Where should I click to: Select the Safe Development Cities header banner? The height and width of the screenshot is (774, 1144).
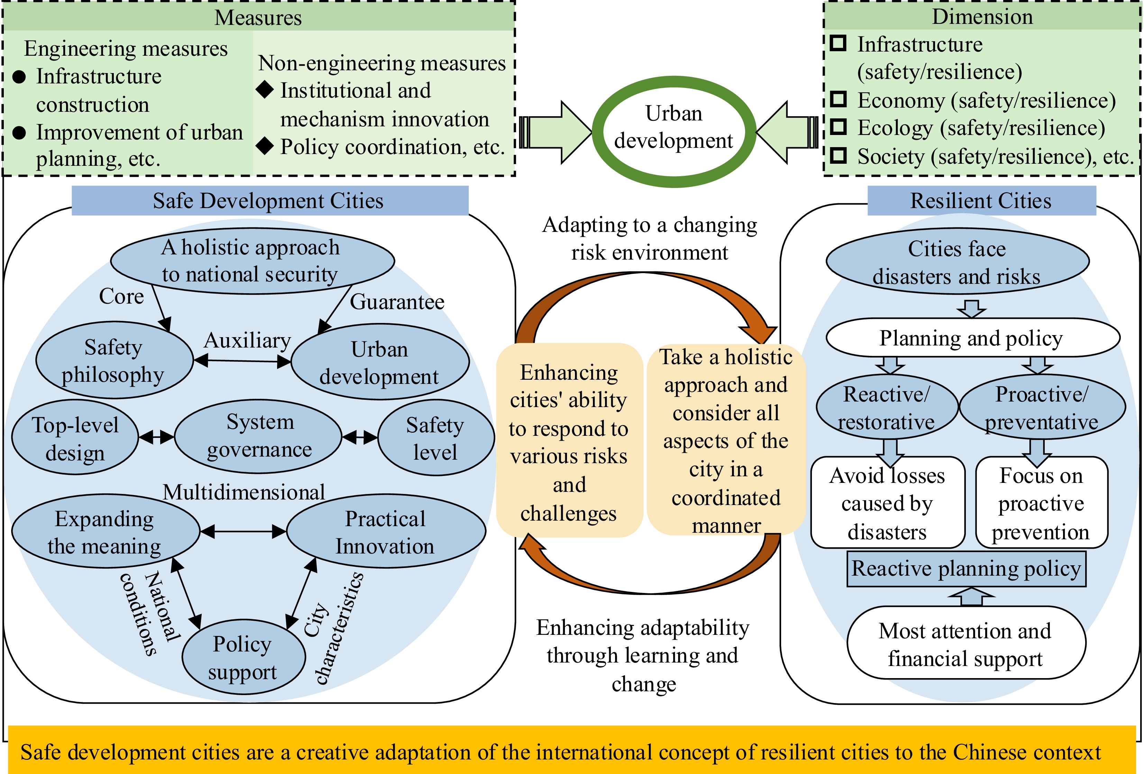click(x=270, y=200)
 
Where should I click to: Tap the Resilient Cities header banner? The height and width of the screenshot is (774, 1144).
click(x=981, y=200)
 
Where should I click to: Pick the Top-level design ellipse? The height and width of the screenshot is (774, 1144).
click(x=75, y=438)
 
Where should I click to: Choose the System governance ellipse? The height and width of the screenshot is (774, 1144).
click(x=258, y=436)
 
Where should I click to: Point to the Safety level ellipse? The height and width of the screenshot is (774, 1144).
click(x=436, y=438)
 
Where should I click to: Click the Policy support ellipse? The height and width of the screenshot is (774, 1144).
click(x=243, y=657)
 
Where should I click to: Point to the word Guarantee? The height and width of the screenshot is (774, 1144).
click(x=397, y=301)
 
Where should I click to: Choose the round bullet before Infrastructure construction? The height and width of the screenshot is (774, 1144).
click(x=19, y=77)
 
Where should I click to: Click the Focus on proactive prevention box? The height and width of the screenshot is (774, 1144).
click(x=1042, y=503)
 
